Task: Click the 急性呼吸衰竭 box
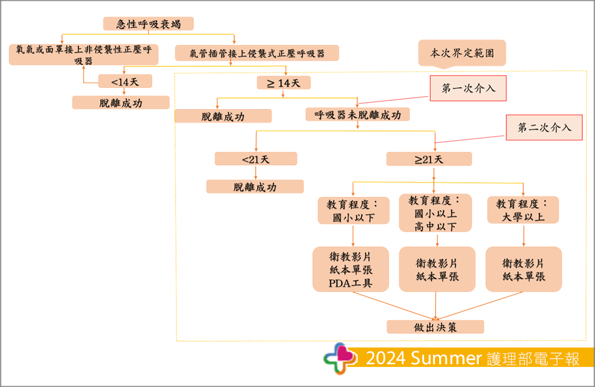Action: [x=148, y=24]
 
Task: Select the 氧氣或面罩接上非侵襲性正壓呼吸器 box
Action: [x=84, y=55]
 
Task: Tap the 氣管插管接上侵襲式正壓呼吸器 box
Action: [x=257, y=53]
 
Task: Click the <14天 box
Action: [x=125, y=81]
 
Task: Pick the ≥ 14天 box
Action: [x=284, y=82]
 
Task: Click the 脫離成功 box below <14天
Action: [x=121, y=102]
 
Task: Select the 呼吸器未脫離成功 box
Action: [x=357, y=115]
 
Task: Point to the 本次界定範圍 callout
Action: [x=461, y=54]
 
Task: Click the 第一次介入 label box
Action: [x=468, y=89]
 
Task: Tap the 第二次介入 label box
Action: [x=544, y=128]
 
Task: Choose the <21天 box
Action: [x=256, y=159]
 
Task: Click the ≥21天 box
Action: [x=428, y=159]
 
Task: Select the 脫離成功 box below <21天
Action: [x=255, y=187]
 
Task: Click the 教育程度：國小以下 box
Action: [x=353, y=211]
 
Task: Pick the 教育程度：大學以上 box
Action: [x=523, y=210]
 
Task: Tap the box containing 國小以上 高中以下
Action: [x=435, y=213]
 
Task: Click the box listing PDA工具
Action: [x=351, y=269]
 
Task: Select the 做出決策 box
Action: [x=435, y=326]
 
